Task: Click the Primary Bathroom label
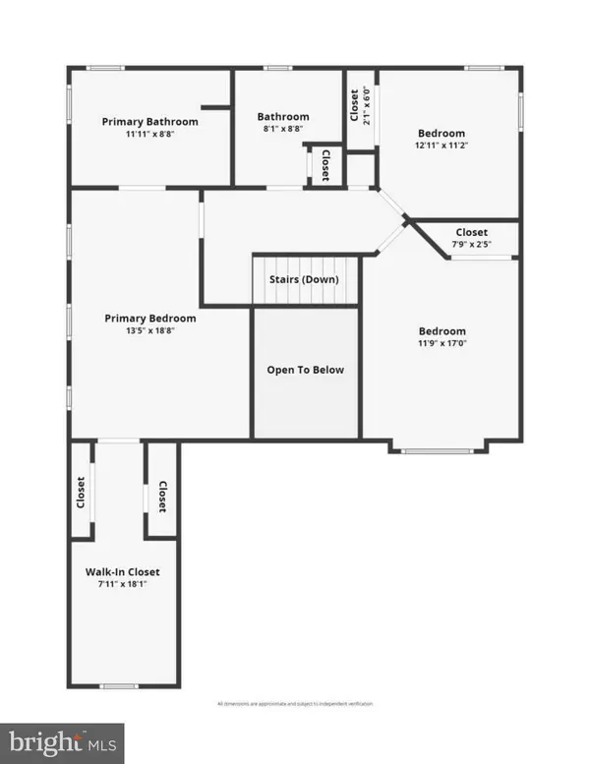150,122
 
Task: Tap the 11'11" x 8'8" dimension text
150,135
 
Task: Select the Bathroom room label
283,116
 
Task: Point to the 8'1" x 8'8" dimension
283,129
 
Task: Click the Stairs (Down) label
304,279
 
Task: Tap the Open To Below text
306,370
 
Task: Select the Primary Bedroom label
150,319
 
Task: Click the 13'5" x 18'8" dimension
150,331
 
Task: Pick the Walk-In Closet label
122,571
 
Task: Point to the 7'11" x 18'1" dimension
122,584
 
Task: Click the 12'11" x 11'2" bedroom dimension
441,147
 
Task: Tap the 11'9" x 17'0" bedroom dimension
442,345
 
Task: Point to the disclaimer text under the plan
294,704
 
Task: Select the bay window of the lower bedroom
439,450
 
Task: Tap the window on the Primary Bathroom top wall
104,68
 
